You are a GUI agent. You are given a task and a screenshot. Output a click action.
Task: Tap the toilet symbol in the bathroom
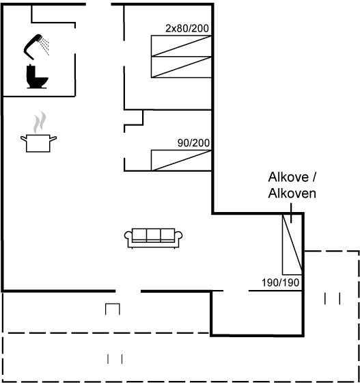pos(37,77)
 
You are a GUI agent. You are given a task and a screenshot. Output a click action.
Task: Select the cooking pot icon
pos(38,143)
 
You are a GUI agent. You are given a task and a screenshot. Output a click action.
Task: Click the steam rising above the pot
pos(40,122)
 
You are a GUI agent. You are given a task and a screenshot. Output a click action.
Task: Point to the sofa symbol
pos(154,238)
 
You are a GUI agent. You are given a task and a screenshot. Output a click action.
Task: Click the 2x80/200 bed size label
pos(187,29)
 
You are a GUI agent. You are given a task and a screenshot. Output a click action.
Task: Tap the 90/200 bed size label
pos(193,143)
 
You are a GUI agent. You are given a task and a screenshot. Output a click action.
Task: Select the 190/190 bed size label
pos(280,282)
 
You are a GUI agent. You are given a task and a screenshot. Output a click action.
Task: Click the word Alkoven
pos(292,193)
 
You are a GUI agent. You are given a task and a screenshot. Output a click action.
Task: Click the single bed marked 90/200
pos(181,160)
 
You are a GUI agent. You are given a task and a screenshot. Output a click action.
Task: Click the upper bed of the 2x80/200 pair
pos(181,46)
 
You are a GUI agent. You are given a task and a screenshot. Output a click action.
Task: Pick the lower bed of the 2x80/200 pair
pos(181,67)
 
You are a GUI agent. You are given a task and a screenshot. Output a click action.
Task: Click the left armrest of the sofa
pos(128,237)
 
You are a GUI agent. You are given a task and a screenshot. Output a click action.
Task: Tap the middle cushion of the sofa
pos(154,235)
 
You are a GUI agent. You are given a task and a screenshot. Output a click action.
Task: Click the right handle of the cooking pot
pos(53,139)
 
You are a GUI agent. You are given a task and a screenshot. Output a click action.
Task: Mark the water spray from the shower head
pos(45,47)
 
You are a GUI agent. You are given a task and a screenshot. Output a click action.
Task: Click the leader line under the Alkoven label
pos(291,213)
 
